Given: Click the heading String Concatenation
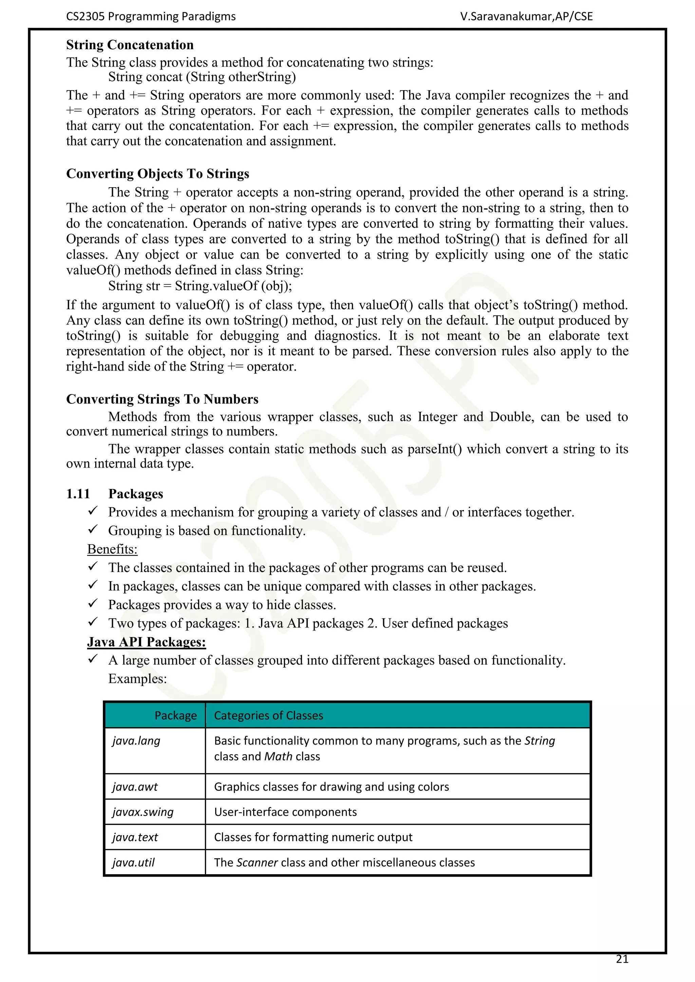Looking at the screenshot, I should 130,45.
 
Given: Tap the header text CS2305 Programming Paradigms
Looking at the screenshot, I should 151,17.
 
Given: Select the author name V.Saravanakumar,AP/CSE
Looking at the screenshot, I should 526,17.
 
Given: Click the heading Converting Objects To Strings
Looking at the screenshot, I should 157,174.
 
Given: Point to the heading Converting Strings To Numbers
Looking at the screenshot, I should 162,399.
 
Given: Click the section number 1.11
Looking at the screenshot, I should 78,494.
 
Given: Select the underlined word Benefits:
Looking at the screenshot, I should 112,549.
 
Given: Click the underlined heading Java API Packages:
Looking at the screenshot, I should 146,642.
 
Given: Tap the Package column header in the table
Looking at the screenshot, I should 175,715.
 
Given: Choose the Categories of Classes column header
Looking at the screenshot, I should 268,715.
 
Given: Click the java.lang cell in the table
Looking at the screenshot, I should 136,741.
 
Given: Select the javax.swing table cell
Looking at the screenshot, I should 143,812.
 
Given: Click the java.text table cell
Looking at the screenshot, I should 135,838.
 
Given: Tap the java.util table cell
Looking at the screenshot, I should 133,863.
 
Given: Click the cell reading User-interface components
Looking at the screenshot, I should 285,812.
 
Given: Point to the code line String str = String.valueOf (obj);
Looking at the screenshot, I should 200,286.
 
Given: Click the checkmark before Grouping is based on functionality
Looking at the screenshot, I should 93,530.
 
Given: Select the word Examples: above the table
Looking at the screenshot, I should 137,679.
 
